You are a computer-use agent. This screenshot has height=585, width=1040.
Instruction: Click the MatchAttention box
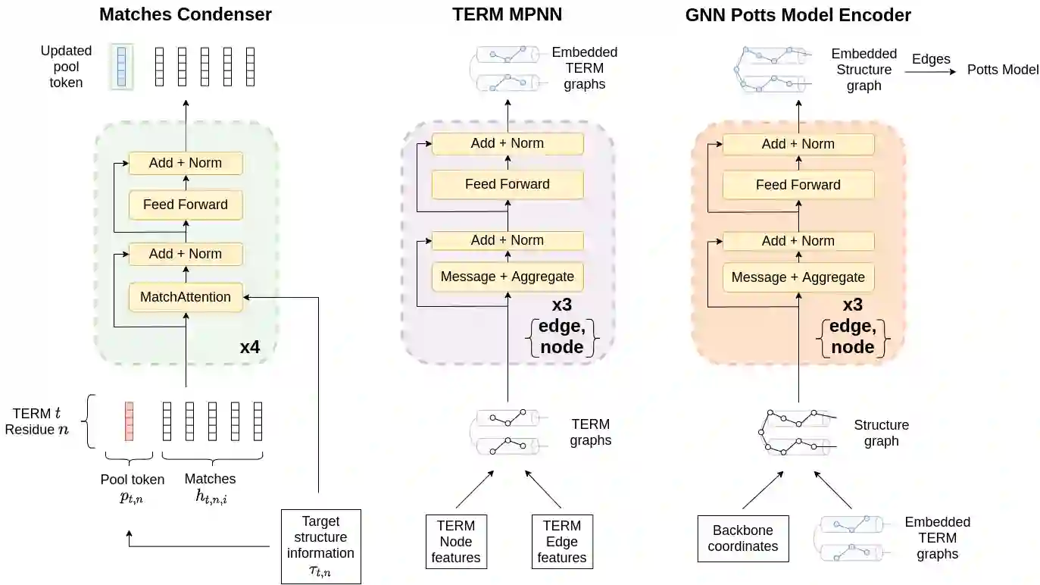click(186, 297)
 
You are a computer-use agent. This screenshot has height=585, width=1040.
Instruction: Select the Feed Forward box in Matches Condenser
click(186, 205)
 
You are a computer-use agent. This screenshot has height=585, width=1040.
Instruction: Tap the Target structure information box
click(320, 546)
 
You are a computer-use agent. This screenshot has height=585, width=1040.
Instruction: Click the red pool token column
click(129, 421)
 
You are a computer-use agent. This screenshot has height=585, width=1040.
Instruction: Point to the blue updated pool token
click(121, 67)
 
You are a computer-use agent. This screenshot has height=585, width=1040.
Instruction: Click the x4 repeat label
click(250, 348)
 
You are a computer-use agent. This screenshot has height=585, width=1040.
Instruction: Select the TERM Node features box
click(456, 542)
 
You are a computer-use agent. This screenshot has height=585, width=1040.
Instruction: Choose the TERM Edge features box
click(562, 542)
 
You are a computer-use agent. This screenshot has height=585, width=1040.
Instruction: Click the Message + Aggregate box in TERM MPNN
click(508, 277)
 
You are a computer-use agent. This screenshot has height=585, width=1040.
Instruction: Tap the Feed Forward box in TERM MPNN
click(508, 184)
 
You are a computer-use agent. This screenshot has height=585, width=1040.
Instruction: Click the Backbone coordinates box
click(742, 539)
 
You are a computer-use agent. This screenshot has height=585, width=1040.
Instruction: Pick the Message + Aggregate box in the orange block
click(798, 277)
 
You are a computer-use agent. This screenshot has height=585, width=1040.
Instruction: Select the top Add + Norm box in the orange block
click(798, 144)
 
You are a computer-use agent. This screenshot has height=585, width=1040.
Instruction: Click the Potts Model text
click(1003, 70)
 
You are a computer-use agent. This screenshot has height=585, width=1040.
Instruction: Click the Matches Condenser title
click(186, 14)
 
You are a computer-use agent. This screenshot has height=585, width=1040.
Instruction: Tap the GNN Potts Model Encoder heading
click(798, 14)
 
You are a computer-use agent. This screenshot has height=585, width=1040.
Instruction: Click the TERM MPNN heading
click(507, 14)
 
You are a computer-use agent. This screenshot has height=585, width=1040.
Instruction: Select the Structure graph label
click(881, 433)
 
